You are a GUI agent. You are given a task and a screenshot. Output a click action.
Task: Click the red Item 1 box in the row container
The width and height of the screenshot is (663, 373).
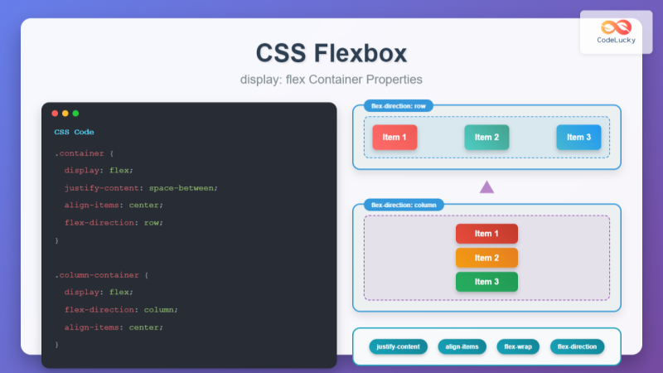coord(394,137)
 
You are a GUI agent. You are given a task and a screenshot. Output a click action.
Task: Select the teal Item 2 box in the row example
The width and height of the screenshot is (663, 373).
coord(486,137)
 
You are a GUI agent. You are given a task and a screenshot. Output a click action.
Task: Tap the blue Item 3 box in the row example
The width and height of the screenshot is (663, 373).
coord(578,137)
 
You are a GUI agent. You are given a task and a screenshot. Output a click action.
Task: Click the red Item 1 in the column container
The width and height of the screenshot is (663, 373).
coord(486,234)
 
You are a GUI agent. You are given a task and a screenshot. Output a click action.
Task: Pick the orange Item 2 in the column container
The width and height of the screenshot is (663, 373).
coord(486,258)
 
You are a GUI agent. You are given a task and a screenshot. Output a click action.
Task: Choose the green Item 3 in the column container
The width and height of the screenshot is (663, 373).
coord(486,282)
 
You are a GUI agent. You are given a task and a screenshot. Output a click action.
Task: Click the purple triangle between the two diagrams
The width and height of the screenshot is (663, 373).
coord(486,187)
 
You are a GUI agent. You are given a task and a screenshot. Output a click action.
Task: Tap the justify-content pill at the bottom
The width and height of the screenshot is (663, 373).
coord(399,346)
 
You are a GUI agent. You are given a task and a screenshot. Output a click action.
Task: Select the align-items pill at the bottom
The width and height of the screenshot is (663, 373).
coord(462,346)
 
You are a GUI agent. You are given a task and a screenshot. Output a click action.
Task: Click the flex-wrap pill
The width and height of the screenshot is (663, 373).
coord(518,346)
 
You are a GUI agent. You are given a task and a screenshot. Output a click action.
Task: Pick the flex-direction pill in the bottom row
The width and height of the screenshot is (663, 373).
coord(577,346)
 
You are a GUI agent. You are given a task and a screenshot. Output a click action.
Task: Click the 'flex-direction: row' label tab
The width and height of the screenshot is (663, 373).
coord(399,106)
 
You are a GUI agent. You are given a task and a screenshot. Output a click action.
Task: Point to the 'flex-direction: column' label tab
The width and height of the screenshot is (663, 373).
coord(404,205)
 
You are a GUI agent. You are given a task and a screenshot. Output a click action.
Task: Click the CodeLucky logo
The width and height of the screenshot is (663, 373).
coord(616,32)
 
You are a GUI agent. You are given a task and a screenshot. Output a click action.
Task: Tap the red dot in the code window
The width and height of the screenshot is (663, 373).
coord(55,114)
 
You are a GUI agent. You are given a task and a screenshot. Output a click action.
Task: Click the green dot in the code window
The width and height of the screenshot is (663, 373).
coord(75,114)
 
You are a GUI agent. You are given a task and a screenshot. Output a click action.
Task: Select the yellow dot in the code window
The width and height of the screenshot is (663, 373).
coord(65,114)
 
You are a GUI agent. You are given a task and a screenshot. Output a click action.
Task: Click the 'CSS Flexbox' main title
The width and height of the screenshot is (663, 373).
coord(331,53)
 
